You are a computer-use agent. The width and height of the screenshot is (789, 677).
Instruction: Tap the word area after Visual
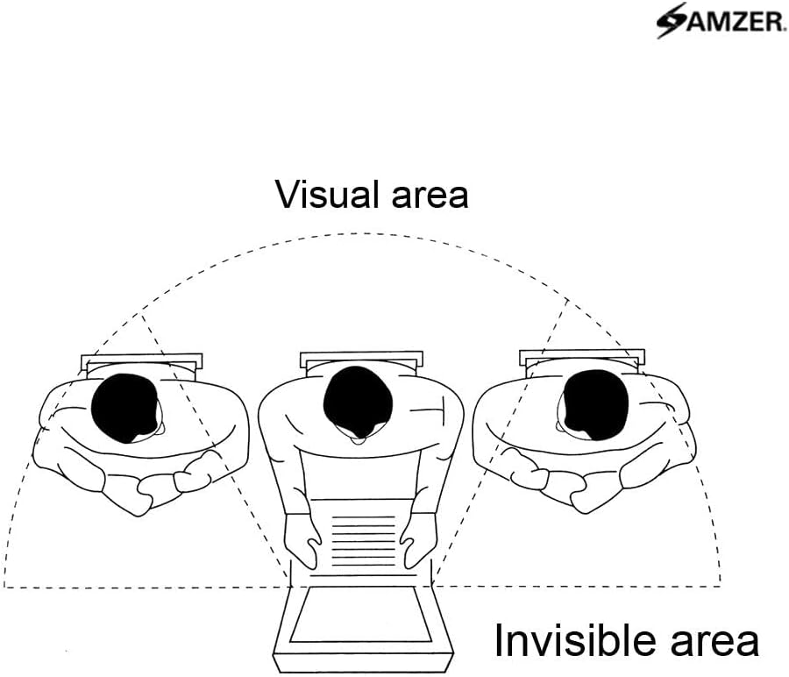424,195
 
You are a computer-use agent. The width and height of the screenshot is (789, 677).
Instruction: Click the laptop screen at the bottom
360,615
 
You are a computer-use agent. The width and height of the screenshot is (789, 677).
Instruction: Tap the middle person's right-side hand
421,540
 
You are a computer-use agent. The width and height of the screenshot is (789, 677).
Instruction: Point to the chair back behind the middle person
360,359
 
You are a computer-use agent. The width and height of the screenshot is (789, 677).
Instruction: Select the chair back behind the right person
582,356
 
